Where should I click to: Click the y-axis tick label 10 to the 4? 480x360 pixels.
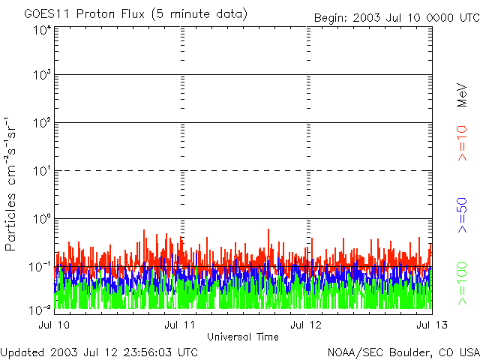(42, 30)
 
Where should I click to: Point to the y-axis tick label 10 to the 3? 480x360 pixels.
(42, 75)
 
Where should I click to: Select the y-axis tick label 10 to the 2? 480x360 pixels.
(42, 123)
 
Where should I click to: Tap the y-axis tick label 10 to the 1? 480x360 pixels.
(42, 171)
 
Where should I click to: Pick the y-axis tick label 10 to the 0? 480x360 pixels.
(42, 219)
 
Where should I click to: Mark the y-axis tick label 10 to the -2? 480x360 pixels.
(40, 310)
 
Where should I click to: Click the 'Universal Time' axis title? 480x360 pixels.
(242, 337)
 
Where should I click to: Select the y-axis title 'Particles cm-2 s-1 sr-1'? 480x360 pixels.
(13, 184)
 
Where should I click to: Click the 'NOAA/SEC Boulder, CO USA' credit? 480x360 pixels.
(403, 352)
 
